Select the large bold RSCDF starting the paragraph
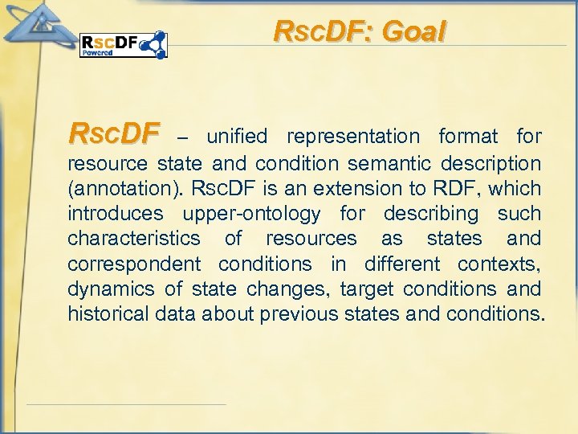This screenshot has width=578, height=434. click(114, 132)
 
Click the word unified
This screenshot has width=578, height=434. click(236, 137)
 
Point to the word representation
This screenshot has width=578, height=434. click(353, 137)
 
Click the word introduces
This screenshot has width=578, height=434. click(115, 215)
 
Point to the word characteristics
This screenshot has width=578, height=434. click(134, 239)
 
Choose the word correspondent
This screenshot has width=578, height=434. click(134, 264)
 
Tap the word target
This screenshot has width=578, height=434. click(365, 289)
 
